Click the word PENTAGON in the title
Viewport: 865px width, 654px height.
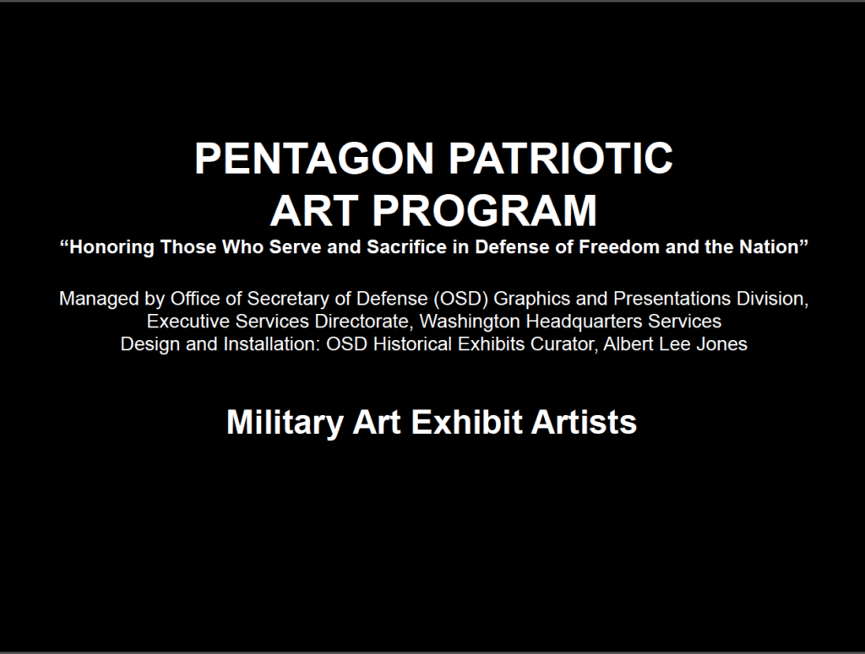click(314, 158)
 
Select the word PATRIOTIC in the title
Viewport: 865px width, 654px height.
click(561, 158)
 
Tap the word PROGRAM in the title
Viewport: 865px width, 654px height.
click(484, 210)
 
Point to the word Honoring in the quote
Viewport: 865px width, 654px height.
click(107, 247)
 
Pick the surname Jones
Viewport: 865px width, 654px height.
click(721, 343)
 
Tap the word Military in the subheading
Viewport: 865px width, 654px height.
click(286, 422)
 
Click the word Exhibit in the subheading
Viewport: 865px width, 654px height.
click(466, 422)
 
